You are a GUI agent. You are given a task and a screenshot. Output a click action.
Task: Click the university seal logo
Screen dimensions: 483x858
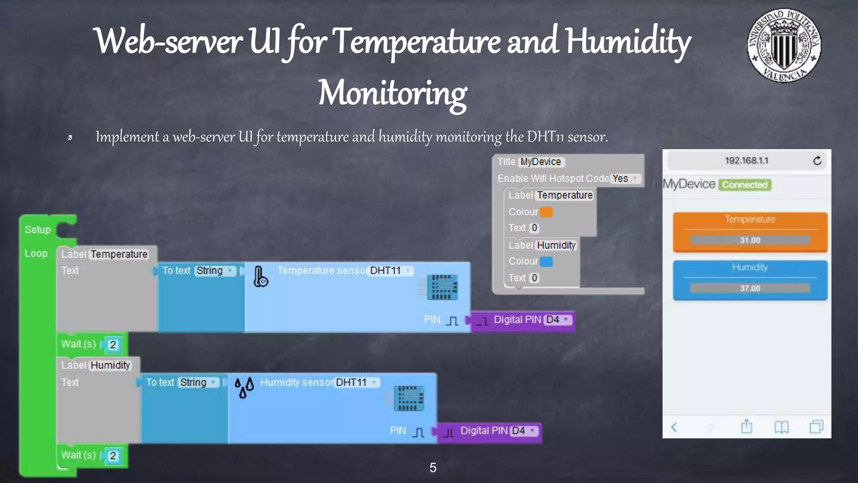(x=784, y=46)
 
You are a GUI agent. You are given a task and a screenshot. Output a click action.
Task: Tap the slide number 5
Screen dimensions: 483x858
(x=433, y=467)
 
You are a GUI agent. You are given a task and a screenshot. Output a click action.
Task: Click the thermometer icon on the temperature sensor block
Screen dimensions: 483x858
(x=260, y=277)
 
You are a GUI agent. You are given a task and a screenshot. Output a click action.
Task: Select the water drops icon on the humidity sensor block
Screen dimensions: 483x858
(x=244, y=387)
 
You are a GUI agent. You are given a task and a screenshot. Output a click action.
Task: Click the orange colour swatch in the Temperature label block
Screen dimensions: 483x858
(x=546, y=212)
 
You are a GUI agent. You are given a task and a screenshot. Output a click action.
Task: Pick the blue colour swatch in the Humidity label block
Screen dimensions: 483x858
(x=546, y=262)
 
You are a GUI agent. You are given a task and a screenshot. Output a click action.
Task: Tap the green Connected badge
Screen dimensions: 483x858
(x=745, y=185)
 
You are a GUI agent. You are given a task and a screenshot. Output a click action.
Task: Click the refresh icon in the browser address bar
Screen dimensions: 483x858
(x=817, y=161)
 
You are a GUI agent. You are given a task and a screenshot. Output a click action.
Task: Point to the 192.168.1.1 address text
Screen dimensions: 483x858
(x=747, y=161)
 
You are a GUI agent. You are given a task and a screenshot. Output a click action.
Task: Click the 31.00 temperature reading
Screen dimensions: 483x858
(x=750, y=240)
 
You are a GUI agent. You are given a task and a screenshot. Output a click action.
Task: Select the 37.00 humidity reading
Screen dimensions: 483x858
(x=750, y=288)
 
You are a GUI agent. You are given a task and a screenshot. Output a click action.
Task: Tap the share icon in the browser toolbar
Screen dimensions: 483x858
(x=747, y=427)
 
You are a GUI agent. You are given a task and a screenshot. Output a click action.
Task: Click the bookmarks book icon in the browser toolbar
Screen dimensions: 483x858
(x=781, y=427)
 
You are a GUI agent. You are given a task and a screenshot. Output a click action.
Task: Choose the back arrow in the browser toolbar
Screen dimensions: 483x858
(x=674, y=427)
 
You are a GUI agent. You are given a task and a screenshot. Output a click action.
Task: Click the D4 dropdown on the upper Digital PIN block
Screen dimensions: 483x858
(x=558, y=320)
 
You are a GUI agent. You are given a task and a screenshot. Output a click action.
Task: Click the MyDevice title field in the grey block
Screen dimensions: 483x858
(x=541, y=162)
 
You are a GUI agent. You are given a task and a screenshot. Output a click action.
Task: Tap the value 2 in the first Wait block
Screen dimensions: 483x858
(x=113, y=345)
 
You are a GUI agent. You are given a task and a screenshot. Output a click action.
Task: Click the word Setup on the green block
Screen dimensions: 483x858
(x=37, y=230)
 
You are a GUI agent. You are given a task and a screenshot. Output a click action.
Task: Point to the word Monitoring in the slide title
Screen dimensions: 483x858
(x=392, y=93)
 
